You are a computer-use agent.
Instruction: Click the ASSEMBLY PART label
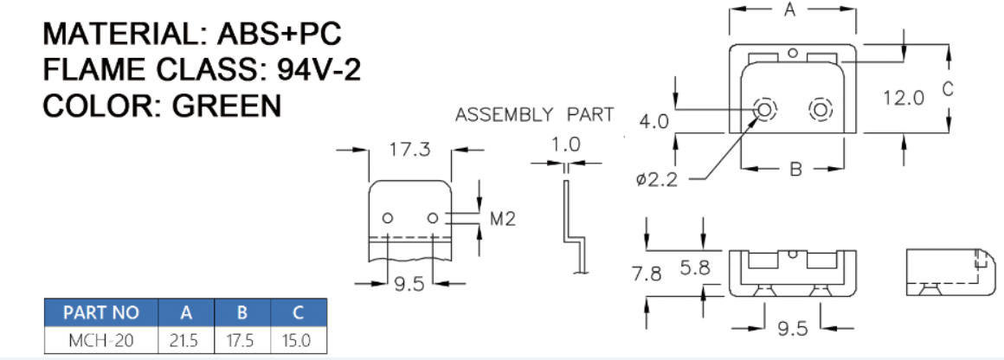coord(534,115)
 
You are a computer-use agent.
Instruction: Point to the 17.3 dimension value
coord(409,150)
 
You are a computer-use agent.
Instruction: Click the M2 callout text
coord(503,218)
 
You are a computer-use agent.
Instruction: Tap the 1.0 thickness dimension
coord(566,145)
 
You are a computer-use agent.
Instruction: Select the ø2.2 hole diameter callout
coord(655,179)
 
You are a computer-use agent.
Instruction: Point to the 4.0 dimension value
coord(654,121)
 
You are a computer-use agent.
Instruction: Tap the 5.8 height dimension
coord(694,269)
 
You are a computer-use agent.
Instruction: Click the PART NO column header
coord(100,312)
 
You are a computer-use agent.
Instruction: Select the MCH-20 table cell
coord(100,340)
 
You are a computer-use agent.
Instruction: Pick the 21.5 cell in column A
coord(184,340)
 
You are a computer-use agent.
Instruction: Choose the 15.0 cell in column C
coord(297,340)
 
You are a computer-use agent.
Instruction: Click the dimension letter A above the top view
coord(790,10)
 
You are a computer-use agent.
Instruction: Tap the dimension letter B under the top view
coord(795,169)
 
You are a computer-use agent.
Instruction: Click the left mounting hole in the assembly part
coord(388,217)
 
